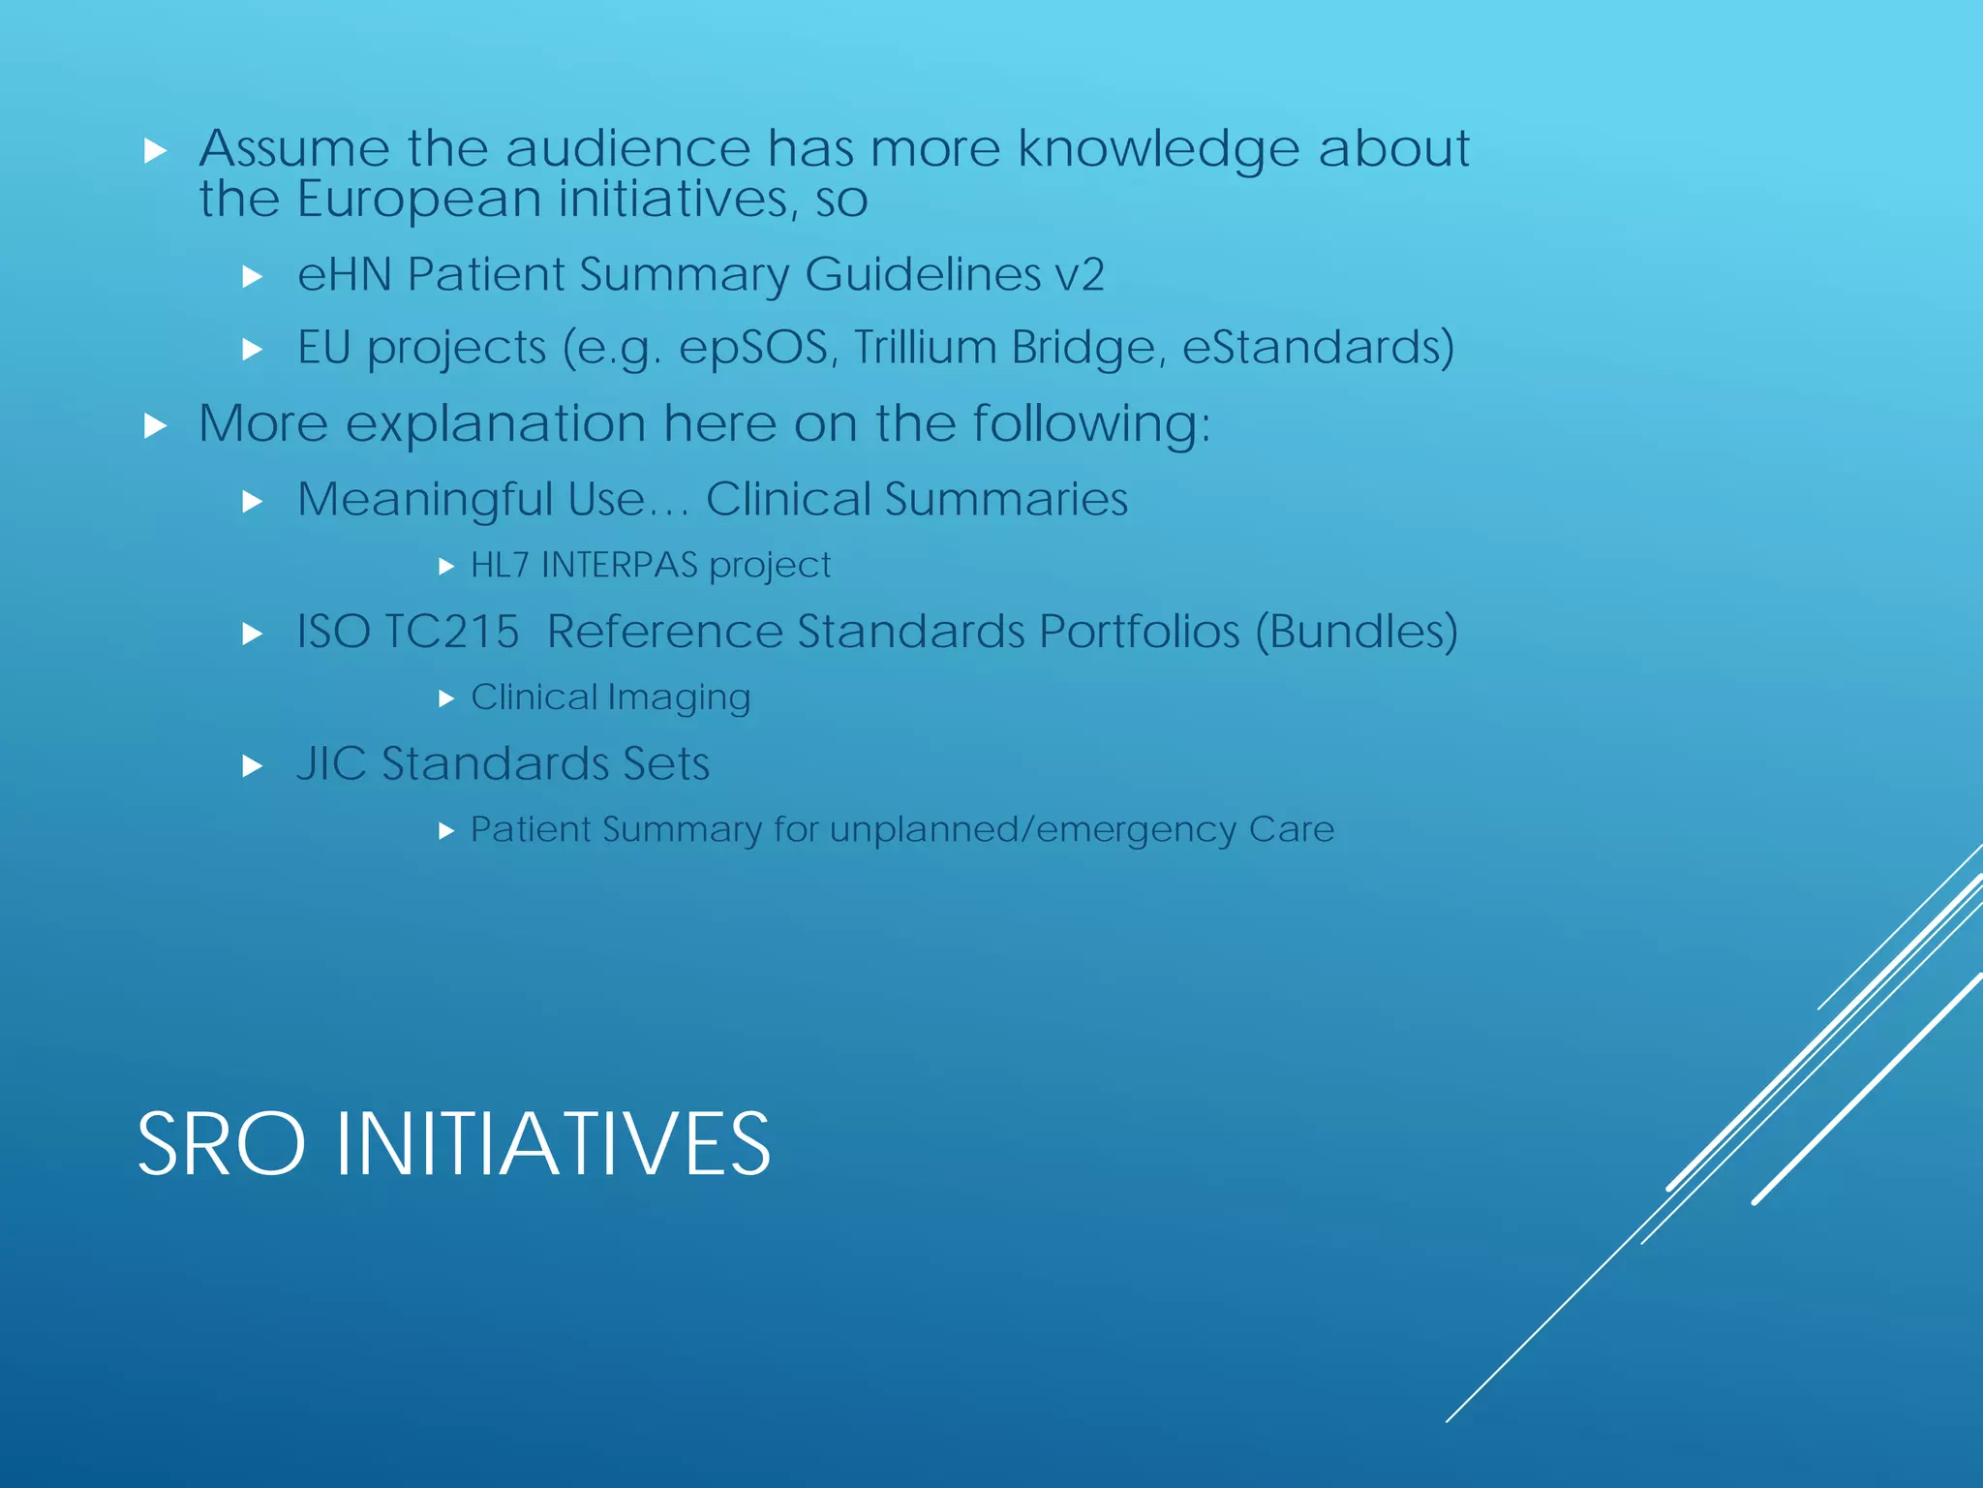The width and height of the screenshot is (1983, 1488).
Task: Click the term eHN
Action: (x=344, y=274)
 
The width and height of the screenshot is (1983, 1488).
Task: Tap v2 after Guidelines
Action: (x=1080, y=274)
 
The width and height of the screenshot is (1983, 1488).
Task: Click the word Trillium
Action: (x=925, y=348)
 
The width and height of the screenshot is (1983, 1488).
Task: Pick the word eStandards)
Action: (x=1319, y=348)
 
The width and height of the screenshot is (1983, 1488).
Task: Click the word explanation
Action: (x=496, y=425)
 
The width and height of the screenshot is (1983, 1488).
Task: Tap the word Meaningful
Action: (x=424, y=501)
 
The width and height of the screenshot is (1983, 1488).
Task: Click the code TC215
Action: (x=451, y=632)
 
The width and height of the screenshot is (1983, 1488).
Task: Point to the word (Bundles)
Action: (x=1357, y=632)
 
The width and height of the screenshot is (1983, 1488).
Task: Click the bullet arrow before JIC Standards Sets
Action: (x=253, y=766)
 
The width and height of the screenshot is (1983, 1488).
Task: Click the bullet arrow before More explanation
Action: (x=155, y=425)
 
